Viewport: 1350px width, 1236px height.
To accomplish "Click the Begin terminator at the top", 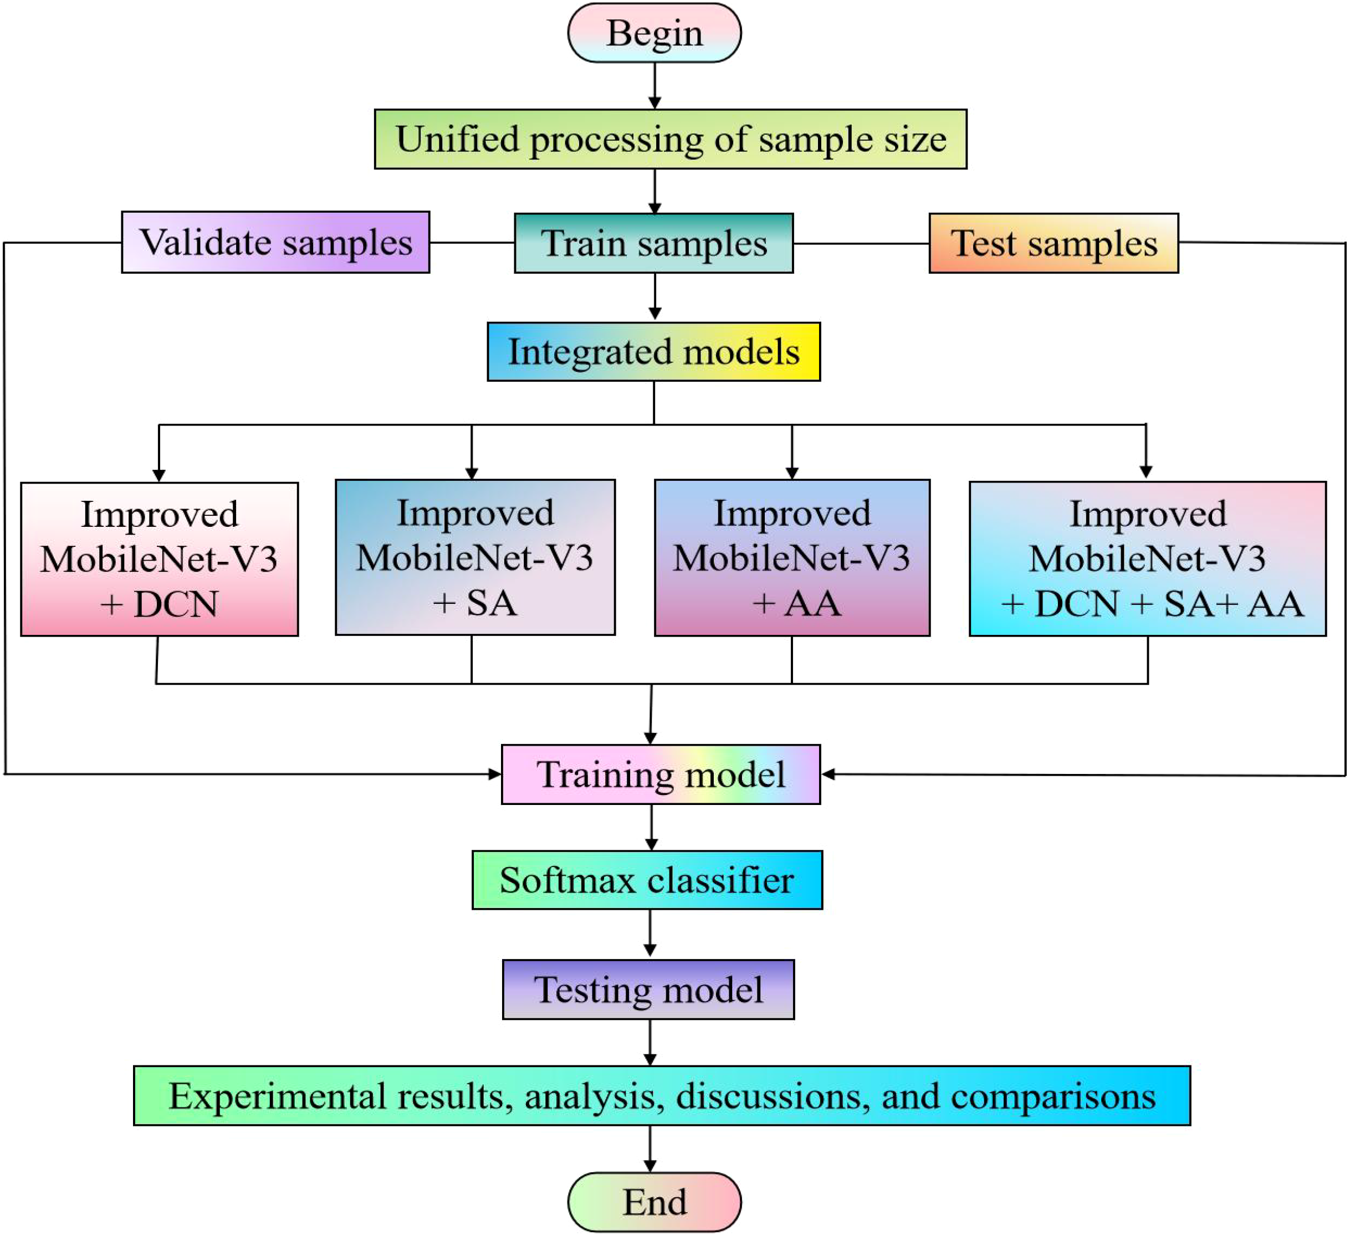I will (654, 33).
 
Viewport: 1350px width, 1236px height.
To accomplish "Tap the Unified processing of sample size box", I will (671, 139).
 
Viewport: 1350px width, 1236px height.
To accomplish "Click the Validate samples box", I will (275, 242).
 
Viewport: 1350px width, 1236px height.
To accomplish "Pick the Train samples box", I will (653, 243).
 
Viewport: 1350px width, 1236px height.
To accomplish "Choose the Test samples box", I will (1054, 243).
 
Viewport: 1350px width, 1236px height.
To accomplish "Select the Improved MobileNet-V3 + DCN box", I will (160, 559).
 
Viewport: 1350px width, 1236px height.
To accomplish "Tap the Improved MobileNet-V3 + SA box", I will (475, 557).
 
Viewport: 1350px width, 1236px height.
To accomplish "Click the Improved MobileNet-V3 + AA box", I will (792, 557).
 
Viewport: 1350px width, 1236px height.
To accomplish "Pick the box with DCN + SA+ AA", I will (1147, 558).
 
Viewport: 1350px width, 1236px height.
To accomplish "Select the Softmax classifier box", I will (647, 880).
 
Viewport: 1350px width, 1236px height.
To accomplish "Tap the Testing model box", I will (648, 989).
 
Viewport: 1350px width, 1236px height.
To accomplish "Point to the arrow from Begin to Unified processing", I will (654, 86).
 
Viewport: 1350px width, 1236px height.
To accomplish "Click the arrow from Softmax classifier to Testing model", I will (650, 934).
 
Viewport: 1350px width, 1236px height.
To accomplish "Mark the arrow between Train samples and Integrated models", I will (654, 296).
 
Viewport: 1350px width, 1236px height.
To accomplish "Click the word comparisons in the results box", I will (1053, 1096).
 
